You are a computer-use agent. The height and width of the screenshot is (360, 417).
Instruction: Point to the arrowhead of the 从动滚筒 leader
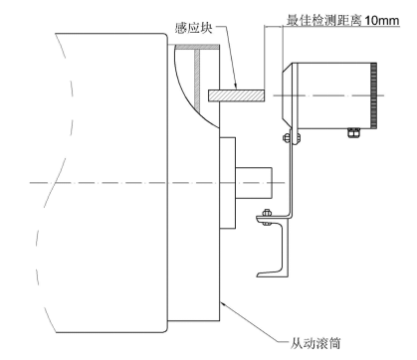(x=227, y=301)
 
